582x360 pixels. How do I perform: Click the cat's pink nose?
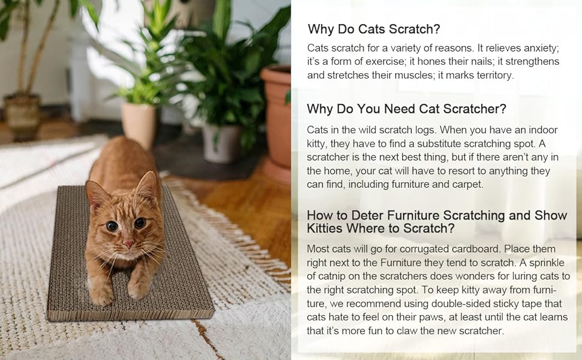(x=128, y=244)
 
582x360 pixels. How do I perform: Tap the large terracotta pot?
(x=277, y=114)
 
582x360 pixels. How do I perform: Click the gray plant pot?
(x=221, y=142)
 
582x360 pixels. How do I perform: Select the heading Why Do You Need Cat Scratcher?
(x=406, y=109)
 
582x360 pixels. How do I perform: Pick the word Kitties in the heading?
(x=329, y=229)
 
